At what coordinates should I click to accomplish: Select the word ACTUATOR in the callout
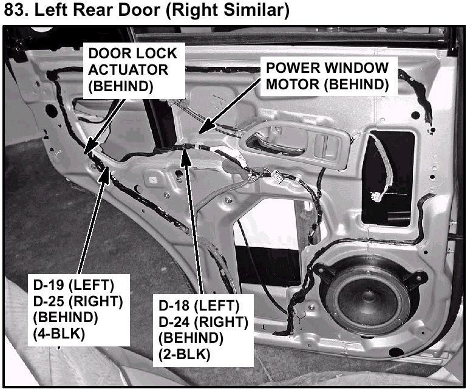click(x=127, y=69)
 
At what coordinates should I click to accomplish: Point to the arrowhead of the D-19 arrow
click(x=108, y=172)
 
